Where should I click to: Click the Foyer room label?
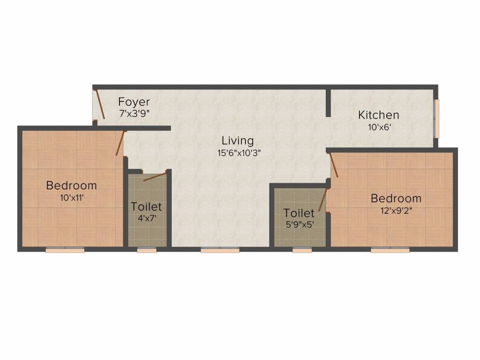click(134, 102)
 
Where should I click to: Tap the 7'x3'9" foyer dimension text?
click(134, 113)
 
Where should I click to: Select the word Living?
click(238, 140)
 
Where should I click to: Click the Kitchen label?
click(378, 115)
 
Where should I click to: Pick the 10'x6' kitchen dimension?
click(378, 126)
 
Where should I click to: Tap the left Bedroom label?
click(71, 186)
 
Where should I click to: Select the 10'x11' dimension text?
click(71, 197)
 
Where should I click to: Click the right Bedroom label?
click(396, 198)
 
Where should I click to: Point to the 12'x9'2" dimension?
click(396, 210)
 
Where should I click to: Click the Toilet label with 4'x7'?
click(146, 206)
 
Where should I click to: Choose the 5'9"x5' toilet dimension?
click(299, 224)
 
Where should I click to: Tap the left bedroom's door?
click(120, 143)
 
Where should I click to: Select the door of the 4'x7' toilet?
click(155, 177)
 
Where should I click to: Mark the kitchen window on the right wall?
click(436, 119)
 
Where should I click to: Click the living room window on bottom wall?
click(220, 250)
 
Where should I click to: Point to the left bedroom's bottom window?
click(65, 250)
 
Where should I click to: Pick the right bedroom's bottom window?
click(390, 250)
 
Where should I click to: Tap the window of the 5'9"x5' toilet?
click(302, 250)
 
